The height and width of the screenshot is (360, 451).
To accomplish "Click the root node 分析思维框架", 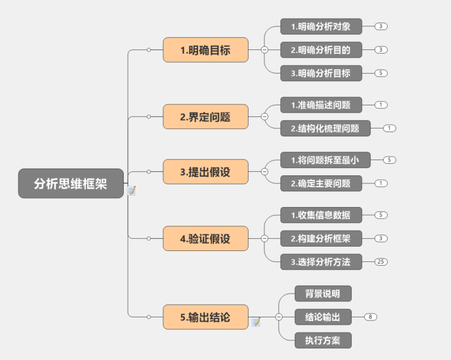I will click(71, 183).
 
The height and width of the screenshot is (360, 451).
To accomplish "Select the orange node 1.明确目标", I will click(205, 50).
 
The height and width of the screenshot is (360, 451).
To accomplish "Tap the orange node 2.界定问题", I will click(205, 116).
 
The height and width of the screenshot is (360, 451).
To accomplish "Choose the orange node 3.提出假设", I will click(205, 172).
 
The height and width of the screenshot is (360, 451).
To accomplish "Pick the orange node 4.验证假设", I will click(205, 238).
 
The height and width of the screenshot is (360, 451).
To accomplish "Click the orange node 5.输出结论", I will click(205, 317).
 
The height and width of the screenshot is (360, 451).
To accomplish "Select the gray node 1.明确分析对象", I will click(321, 26).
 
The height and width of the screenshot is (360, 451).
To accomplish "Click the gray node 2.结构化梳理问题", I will click(324, 129).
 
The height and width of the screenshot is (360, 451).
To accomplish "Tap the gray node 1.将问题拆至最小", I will click(325, 160).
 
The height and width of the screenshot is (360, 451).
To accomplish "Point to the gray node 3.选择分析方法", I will click(321, 262).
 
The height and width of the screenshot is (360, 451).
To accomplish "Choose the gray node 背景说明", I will click(323, 293).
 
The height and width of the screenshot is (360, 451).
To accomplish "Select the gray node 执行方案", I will click(323, 341).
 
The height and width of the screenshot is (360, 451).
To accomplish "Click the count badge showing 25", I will click(382, 262).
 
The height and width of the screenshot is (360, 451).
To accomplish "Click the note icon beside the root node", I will click(131, 191).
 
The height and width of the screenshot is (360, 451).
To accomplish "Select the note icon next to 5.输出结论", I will click(256, 321).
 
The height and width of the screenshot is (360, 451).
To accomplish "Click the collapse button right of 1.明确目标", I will click(265, 50).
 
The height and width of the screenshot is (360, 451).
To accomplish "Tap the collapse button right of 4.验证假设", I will click(265, 238).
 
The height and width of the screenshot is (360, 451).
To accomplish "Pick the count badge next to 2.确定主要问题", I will click(382, 183).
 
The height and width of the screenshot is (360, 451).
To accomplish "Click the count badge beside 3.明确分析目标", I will click(382, 73).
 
